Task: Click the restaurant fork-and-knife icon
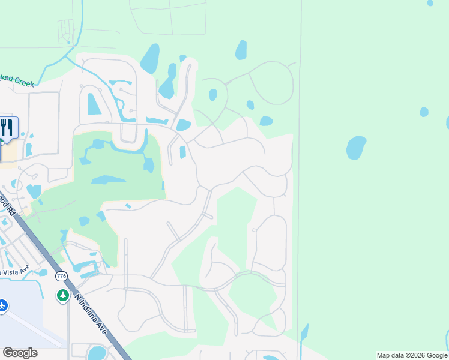pos(7,128)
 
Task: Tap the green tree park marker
pos(62,295)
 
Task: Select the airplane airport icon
pos(3,306)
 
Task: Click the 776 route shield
pos(61,276)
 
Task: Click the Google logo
pos(20,353)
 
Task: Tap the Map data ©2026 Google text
pos(412,355)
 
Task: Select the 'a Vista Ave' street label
pos(14,272)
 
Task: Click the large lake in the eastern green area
pos(356,147)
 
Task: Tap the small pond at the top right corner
pos(430,3)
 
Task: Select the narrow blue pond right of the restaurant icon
pos(28,149)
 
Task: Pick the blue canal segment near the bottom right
pos(304,332)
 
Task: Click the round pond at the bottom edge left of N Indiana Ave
pos(97,353)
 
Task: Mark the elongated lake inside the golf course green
pos(108,179)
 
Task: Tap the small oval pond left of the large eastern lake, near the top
pos(241,49)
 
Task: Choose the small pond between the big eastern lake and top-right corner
pos(424,112)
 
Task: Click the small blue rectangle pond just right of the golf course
pos(182,152)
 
